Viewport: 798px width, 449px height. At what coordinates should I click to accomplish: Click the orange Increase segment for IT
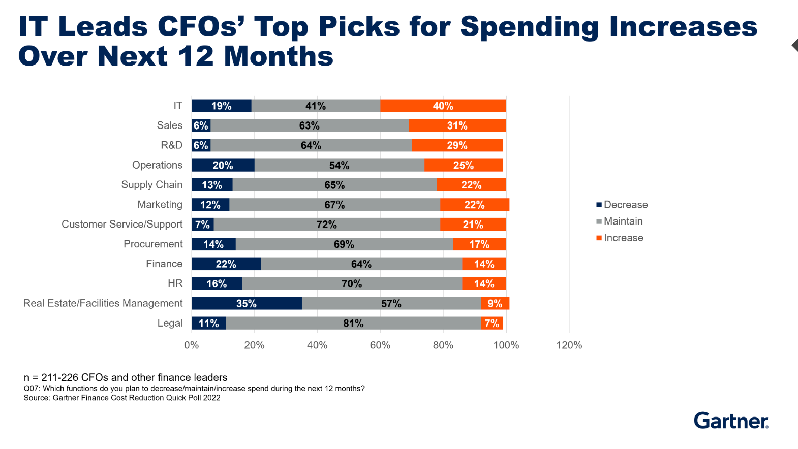point(443,106)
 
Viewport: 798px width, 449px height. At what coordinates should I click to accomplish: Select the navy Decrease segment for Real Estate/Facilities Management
point(247,303)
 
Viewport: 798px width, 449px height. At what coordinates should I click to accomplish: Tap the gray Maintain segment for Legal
point(353,323)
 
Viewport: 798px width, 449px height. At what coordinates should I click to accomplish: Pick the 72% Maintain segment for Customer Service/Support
point(327,224)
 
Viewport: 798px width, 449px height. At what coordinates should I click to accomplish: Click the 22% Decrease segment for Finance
point(226,264)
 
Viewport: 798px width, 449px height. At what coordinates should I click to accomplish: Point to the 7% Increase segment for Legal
point(492,323)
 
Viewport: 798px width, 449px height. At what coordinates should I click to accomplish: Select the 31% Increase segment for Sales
point(457,125)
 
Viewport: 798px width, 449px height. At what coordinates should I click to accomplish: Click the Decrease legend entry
point(622,205)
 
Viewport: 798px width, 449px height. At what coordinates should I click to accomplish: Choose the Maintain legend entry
point(620,221)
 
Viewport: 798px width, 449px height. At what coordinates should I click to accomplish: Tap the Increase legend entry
point(620,238)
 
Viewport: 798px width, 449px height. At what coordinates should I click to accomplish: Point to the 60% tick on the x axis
point(380,345)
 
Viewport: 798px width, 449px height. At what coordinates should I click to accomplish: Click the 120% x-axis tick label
point(569,345)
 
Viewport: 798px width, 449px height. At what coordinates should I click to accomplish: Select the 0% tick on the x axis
point(192,345)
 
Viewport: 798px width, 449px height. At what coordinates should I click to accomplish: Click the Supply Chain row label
point(151,185)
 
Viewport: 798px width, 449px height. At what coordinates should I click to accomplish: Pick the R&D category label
point(171,145)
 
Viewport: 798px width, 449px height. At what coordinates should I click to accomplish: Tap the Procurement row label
point(153,244)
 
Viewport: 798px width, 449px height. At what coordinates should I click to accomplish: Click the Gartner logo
point(731,421)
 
